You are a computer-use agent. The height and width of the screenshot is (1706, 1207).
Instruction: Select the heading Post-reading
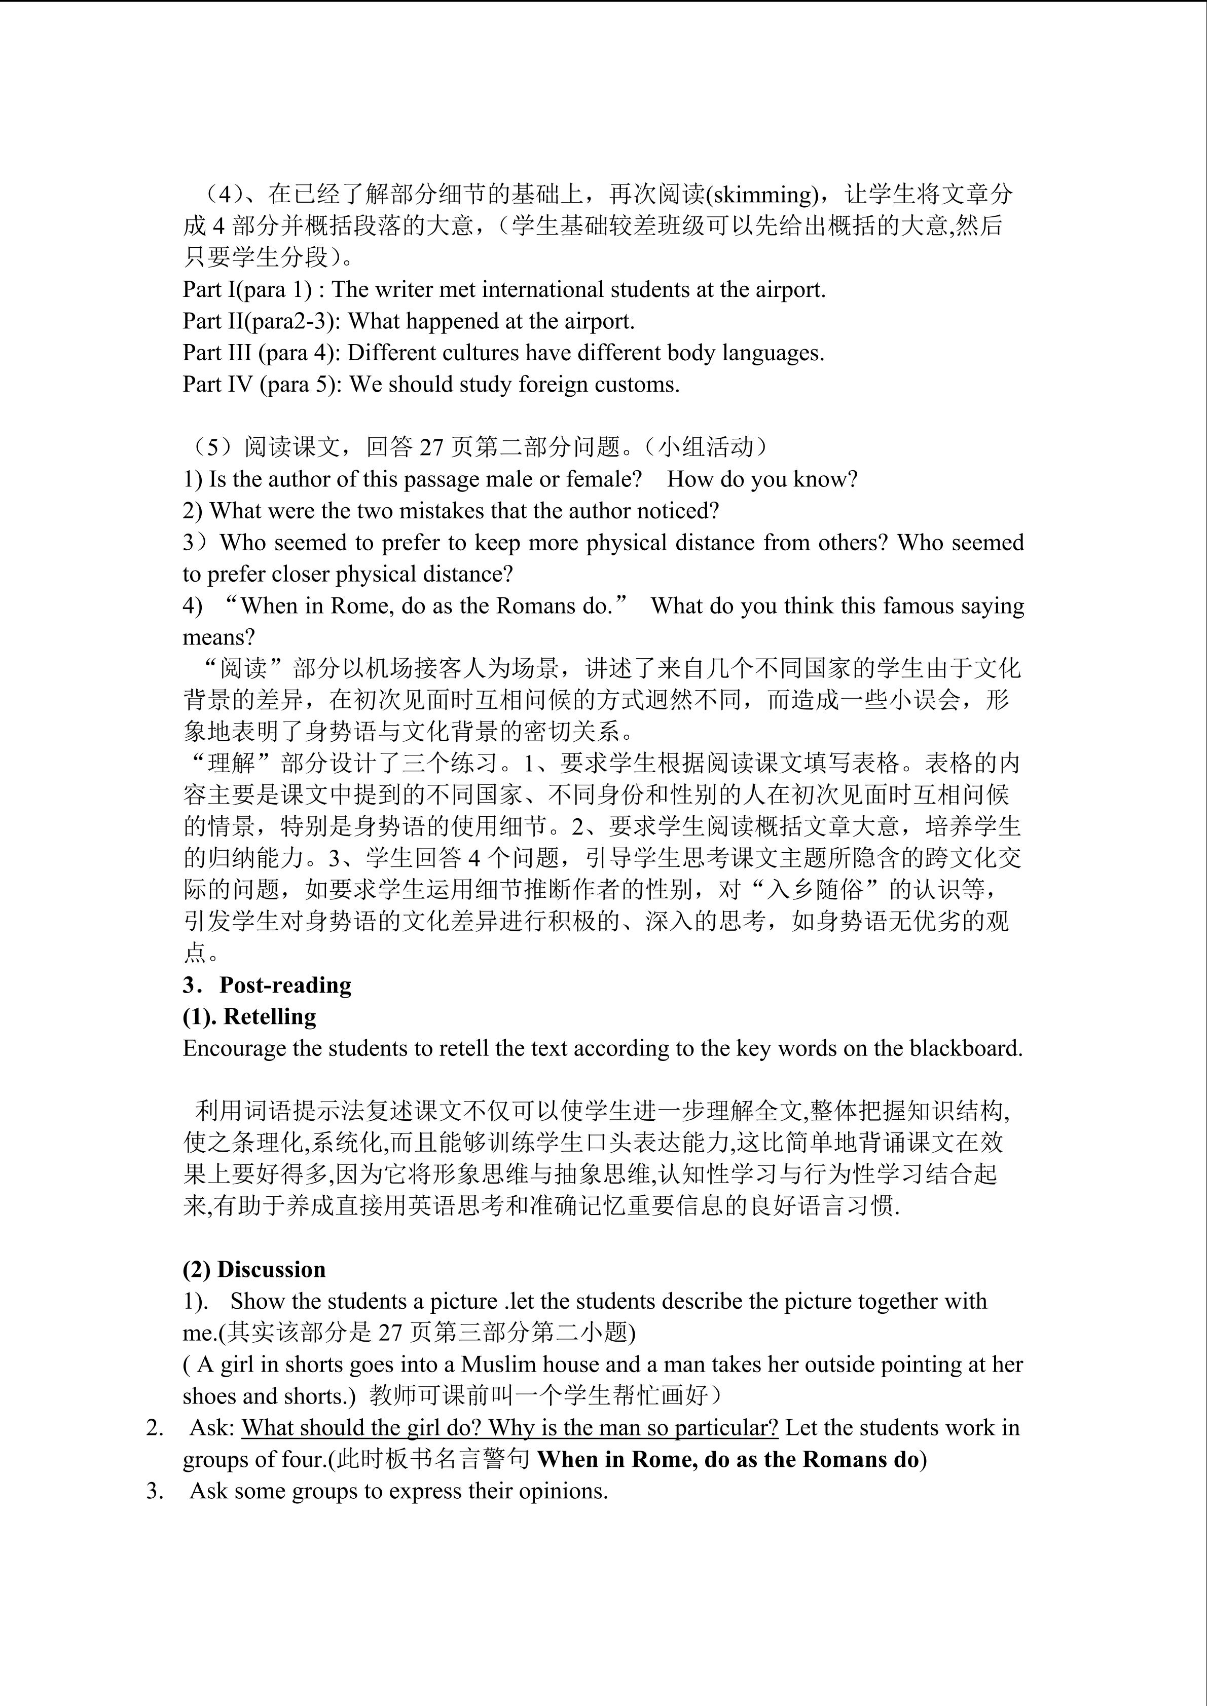(285, 985)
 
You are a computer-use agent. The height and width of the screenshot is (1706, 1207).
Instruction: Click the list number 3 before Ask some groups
(154, 1491)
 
